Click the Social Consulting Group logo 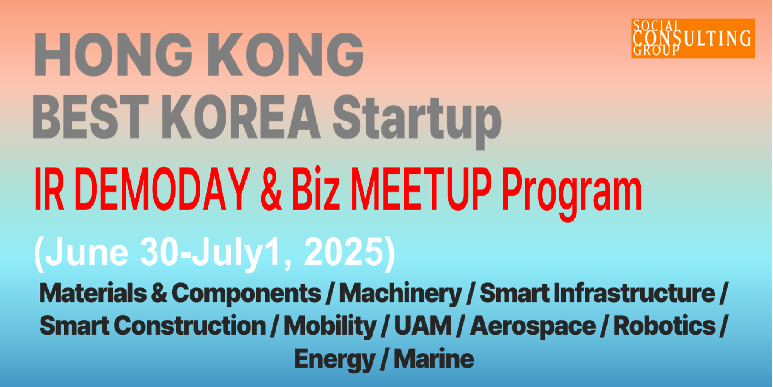pyautogui.click(x=693, y=38)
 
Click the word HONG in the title pyautogui.click(x=114, y=55)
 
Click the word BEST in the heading pyautogui.click(x=91, y=116)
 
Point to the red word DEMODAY pyautogui.click(x=162, y=189)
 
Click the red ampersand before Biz pyautogui.click(x=271, y=190)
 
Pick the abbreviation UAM pyautogui.click(x=423, y=325)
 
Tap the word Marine pyautogui.click(x=434, y=359)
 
